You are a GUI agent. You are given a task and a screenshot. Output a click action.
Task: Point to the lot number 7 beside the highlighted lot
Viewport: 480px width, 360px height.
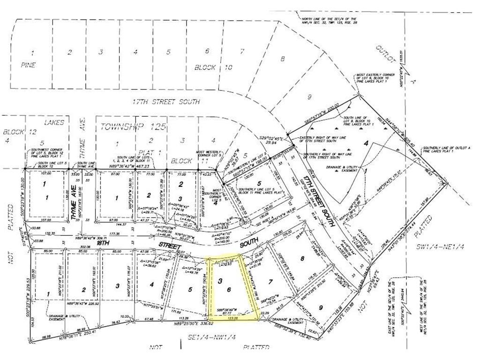coord(270,282)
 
